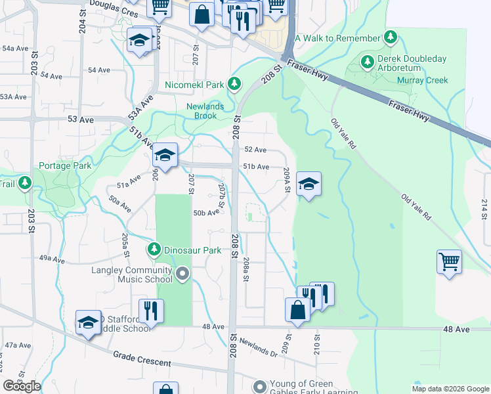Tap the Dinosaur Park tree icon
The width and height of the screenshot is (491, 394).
pyautogui.click(x=154, y=250)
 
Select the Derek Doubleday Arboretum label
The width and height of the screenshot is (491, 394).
pyautogui.click(x=412, y=64)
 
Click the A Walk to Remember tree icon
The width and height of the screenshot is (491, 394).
pyautogui.click(x=391, y=37)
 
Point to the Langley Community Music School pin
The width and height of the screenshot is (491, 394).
pyautogui.click(x=182, y=274)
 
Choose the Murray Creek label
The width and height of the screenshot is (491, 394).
pyautogui.click(x=422, y=81)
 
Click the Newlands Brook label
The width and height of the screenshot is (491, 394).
pyautogui.click(x=205, y=111)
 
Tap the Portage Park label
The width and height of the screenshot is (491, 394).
pyautogui.click(x=65, y=166)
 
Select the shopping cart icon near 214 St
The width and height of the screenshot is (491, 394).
pyautogui.click(x=449, y=261)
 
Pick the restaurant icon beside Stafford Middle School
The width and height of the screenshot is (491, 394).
pyautogui.click(x=151, y=311)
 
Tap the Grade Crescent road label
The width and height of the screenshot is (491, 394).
pyautogui.click(x=142, y=359)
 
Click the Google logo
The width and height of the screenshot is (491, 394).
pyautogui.click(x=22, y=386)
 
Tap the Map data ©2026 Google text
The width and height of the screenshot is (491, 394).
pyautogui.click(x=450, y=389)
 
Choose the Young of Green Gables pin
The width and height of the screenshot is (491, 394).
pyautogui.click(x=261, y=386)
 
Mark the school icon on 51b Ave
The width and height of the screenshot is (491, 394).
pyautogui.click(x=165, y=156)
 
